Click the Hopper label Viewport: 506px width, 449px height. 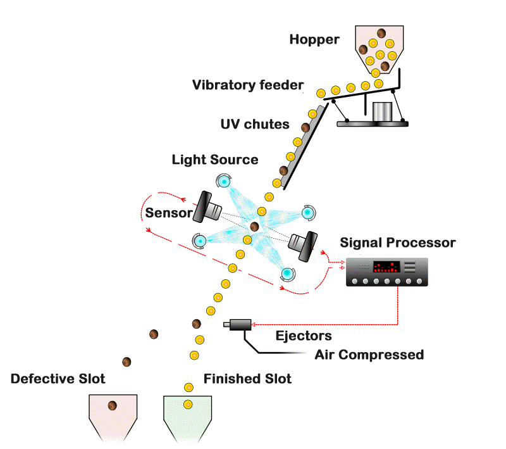coord(314,40)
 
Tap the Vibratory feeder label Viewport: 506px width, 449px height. coord(248,85)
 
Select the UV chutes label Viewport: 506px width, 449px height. coord(255,124)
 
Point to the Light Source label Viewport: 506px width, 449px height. coord(215,160)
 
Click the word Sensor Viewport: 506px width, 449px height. coord(169,213)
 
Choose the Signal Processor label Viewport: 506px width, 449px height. coord(398,243)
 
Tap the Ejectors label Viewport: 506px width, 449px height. coord(304,336)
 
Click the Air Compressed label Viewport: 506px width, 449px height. coord(369,355)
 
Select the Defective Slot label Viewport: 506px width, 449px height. coord(58,379)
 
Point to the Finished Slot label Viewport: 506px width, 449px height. coord(247,379)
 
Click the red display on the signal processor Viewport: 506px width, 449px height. coord(386,267)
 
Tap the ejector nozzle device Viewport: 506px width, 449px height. coord(238,325)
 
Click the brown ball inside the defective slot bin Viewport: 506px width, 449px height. coord(113,405)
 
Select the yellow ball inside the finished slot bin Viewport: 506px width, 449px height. coord(188,404)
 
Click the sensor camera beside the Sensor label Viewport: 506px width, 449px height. coord(207,208)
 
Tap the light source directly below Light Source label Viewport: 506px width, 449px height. coord(223,181)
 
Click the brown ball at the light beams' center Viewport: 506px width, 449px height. coord(255,227)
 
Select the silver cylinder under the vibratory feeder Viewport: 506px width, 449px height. coord(382,111)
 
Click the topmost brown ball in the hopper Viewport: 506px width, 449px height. coord(381,34)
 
